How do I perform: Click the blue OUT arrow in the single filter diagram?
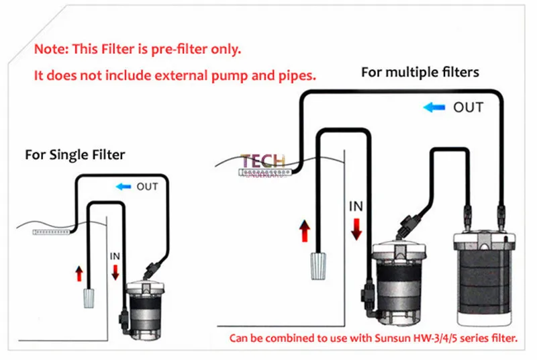click(x=124, y=187)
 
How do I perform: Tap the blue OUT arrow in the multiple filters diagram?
click(x=435, y=107)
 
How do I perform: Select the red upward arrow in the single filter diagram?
click(x=79, y=273)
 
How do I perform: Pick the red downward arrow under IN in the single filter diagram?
click(x=115, y=271)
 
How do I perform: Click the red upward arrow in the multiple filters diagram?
click(x=305, y=232)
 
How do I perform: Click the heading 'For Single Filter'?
click(x=75, y=154)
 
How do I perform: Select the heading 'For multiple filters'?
click(x=420, y=72)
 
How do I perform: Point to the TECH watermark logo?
click(x=263, y=163)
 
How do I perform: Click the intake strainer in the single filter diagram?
click(x=88, y=297)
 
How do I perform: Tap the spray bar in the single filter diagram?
click(x=52, y=231)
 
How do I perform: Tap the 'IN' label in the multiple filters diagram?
click(x=356, y=207)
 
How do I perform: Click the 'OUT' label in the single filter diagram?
click(x=148, y=187)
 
